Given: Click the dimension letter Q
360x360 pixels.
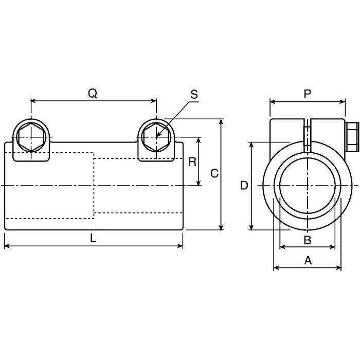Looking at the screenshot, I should pyautogui.click(x=93, y=93).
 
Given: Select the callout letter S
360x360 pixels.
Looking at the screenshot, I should pyautogui.click(x=194, y=94).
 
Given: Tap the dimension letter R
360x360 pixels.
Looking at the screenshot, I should pyautogui.click(x=192, y=161).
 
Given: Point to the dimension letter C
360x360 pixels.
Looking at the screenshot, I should pyautogui.click(x=214, y=173).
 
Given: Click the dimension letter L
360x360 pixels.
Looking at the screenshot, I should pyautogui.click(x=93, y=238).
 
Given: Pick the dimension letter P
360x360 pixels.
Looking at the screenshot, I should pyautogui.click(x=308, y=93).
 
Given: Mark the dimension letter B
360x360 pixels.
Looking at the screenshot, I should pyautogui.click(x=307, y=240).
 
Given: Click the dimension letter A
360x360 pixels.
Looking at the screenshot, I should pyautogui.click(x=308, y=261).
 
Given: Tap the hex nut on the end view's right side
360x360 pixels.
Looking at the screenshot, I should pyautogui.click(x=351, y=137).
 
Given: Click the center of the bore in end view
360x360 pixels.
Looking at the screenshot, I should pyautogui.click(x=307, y=185).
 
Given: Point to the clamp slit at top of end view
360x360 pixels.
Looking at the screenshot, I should pyautogui.click(x=307, y=135).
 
